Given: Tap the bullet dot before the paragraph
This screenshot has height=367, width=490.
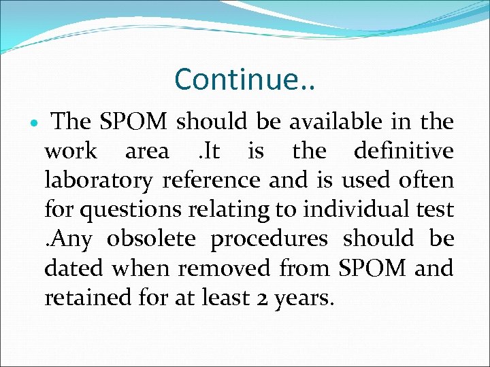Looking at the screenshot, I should pyautogui.click(x=34, y=123).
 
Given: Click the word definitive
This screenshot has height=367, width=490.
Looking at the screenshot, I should pyautogui.click(x=404, y=151).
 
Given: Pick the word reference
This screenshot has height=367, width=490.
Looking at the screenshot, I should pyautogui.click(x=212, y=180).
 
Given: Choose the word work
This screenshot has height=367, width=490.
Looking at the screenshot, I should pyautogui.click(x=71, y=151).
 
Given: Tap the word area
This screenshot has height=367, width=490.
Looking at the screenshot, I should pyautogui.click(x=147, y=152).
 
